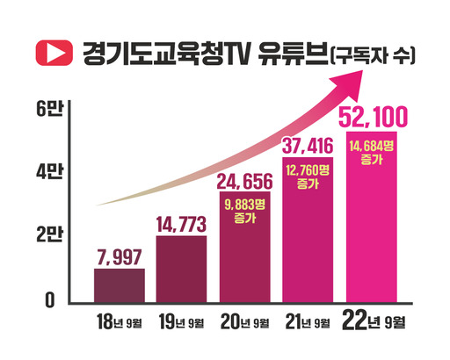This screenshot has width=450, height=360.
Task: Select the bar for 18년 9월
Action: [119, 285]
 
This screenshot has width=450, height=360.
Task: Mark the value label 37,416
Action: [308, 145]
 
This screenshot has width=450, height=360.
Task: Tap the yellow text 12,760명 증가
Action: [308, 175]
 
